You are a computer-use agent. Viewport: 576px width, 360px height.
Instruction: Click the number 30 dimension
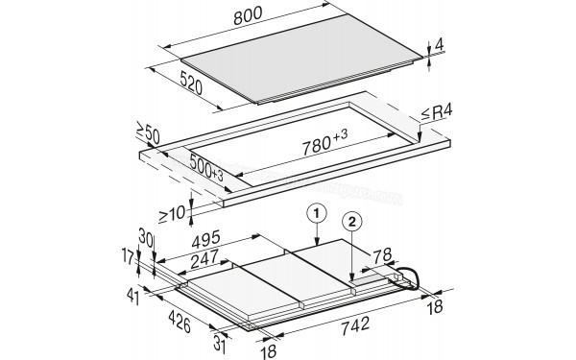(146, 237)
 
